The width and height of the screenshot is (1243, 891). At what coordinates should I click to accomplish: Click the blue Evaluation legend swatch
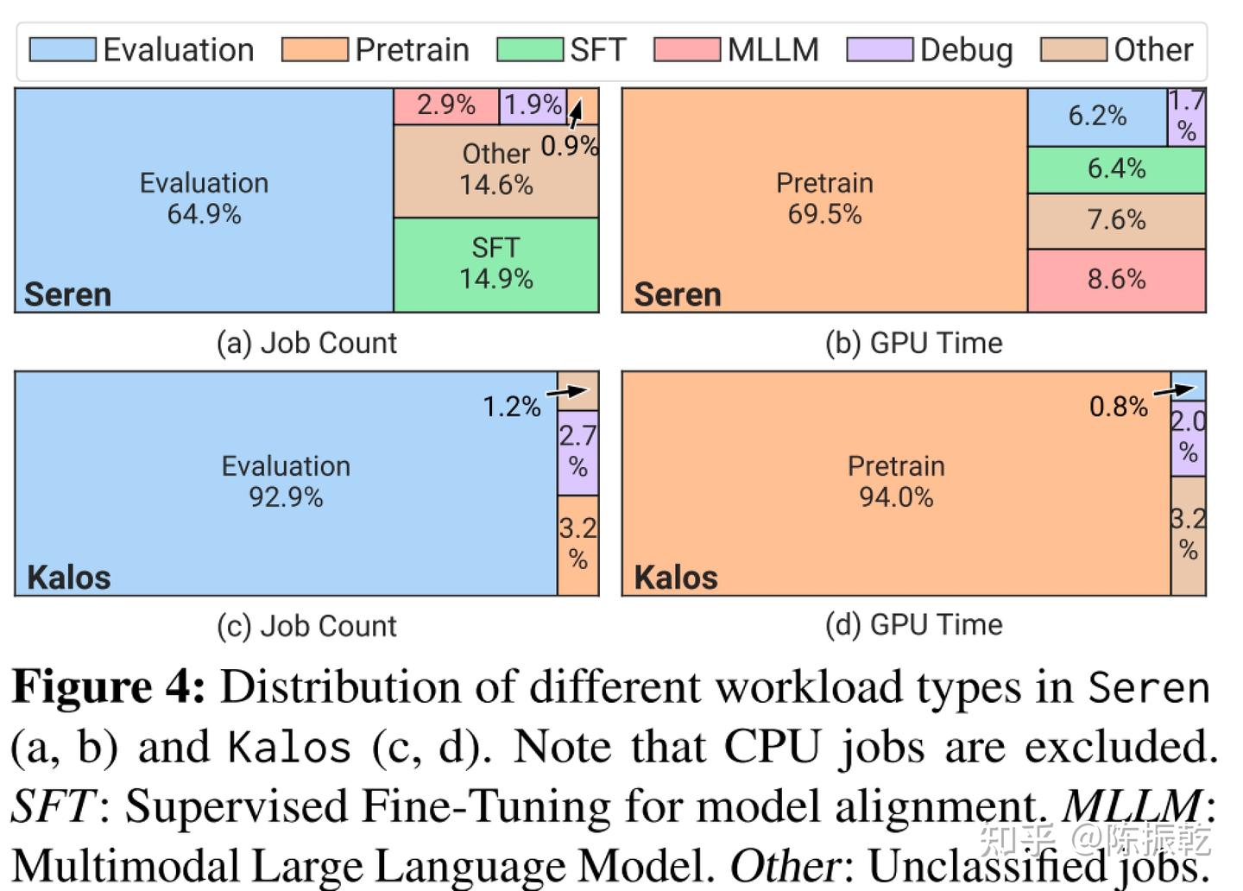[x=62, y=50]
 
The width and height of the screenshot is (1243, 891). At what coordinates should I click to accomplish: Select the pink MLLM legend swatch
[x=686, y=50]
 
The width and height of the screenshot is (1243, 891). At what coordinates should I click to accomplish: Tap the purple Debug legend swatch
[x=879, y=50]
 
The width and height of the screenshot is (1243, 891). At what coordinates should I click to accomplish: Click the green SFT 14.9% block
[x=496, y=264]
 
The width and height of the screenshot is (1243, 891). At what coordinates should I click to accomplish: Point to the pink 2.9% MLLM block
[x=446, y=106]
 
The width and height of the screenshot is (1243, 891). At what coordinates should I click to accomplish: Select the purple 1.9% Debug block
[x=533, y=106]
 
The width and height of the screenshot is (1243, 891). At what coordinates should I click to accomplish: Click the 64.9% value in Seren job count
[x=204, y=214]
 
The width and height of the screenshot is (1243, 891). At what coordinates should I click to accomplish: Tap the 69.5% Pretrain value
[x=824, y=214]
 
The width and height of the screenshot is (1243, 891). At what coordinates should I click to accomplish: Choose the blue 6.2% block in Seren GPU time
[x=1097, y=117]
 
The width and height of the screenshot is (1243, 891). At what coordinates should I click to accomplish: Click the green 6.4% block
[x=1116, y=169]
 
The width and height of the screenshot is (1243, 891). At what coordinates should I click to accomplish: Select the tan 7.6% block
[x=1116, y=221]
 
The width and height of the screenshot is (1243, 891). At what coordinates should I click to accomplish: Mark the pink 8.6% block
[x=1116, y=280]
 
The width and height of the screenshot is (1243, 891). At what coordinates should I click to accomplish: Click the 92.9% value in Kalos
[x=286, y=497]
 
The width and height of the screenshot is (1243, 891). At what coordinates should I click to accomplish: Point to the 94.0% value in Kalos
[x=896, y=497]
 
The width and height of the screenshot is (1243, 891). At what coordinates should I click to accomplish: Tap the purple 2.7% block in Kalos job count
[x=577, y=452]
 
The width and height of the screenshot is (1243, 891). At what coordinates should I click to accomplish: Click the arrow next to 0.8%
[x=1174, y=391]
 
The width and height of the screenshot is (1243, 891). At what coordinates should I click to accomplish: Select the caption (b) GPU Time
[x=913, y=344]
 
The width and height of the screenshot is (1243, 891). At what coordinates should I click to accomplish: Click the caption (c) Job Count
[x=306, y=626]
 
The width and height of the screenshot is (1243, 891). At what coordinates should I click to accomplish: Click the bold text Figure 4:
[x=109, y=688]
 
